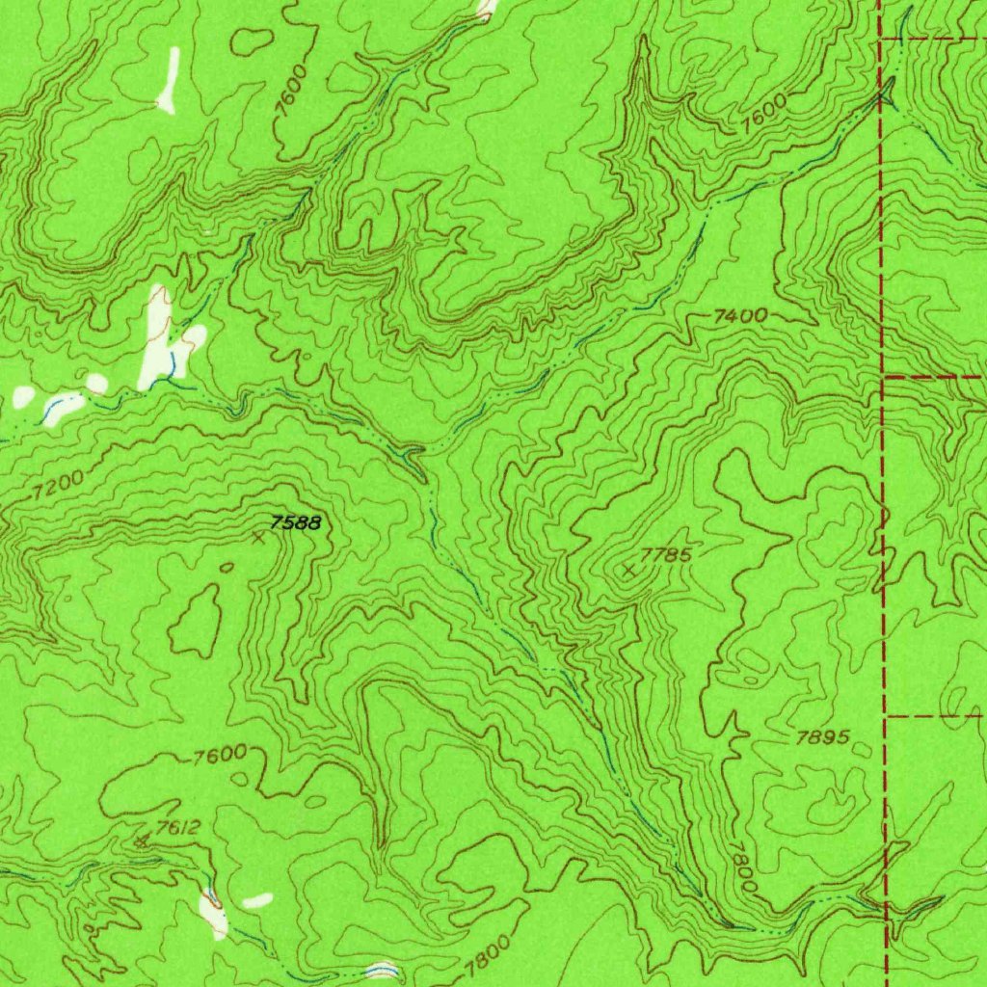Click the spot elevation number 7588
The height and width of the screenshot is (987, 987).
click(x=294, y=523)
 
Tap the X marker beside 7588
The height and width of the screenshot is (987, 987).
click(x=257, y=538)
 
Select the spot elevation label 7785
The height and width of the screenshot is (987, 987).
click(x=666, y=555)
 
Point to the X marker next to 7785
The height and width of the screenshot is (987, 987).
click(x=628, y=571)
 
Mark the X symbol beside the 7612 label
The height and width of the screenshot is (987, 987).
click(x=143, y=841)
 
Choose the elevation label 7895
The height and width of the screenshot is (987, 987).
click(x=823, y=738)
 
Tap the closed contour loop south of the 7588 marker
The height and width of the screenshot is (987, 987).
click(x=197, y=621)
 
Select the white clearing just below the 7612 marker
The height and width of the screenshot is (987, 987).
click(x=213, y=913)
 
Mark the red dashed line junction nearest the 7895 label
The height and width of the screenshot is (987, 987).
click(x=886, y=716)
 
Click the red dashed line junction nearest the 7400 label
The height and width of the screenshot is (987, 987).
click(x=885, y=377)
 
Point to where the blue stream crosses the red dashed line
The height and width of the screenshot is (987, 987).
click(x=884, y=96)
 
